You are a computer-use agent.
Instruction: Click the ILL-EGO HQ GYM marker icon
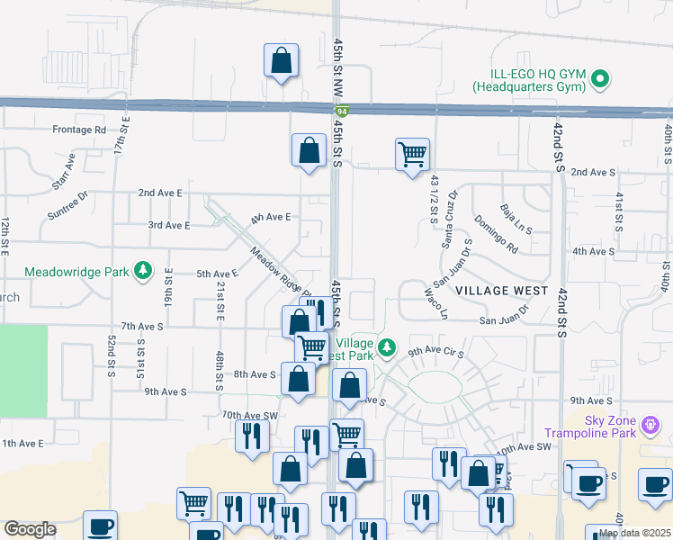601,80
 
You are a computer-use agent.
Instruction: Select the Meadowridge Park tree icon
142,271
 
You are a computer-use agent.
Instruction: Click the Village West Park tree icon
387,346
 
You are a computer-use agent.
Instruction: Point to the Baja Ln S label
516,218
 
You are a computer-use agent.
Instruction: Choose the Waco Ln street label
436,303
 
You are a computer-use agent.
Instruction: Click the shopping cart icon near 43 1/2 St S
412,154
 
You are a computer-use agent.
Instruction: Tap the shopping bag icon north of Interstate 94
281,61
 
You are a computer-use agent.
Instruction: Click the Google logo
30,529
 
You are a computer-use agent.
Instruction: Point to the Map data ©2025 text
634,533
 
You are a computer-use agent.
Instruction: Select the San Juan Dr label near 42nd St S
505,319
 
